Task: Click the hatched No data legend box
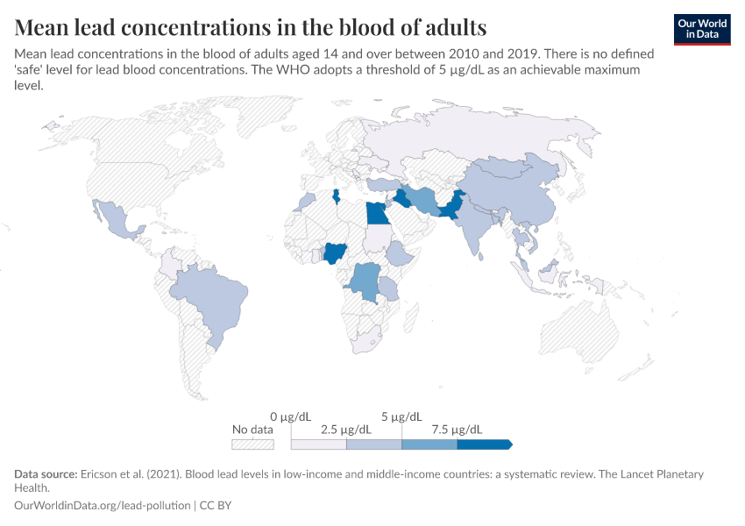(252, 444)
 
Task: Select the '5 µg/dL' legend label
(402, 416)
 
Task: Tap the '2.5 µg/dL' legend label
(347, 430)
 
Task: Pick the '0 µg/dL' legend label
(292, 416)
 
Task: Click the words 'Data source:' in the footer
(45, 474)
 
